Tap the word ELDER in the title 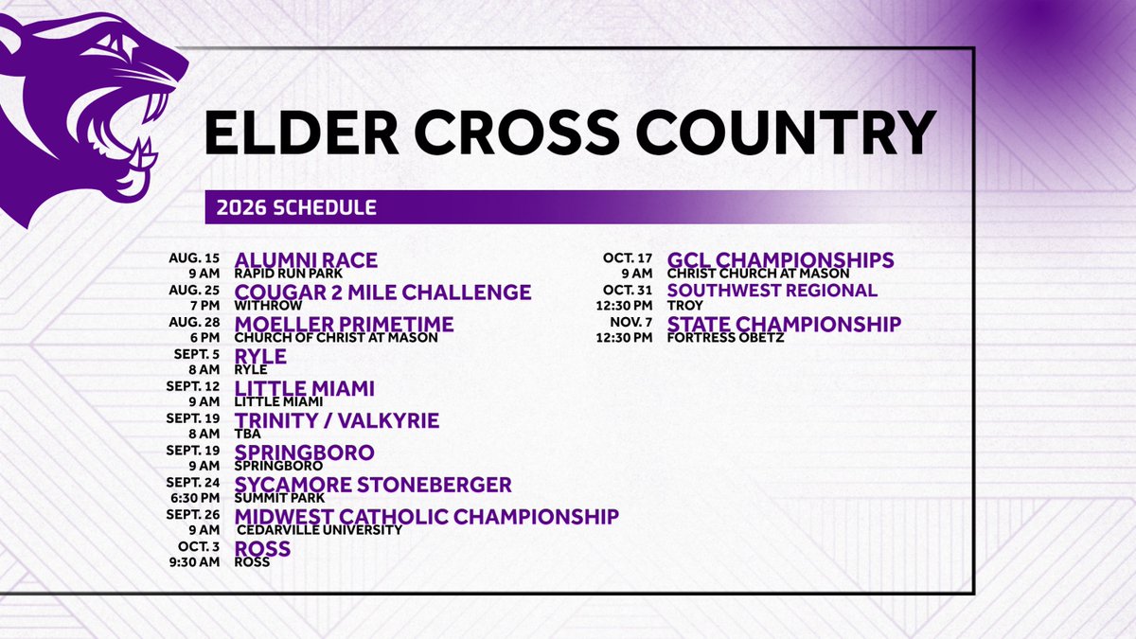point(301,133)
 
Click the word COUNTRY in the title point(785,133)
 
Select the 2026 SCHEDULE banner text point(296,207)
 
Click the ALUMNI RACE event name point(306,260)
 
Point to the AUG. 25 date point(194,290)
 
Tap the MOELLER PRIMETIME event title point(344,324)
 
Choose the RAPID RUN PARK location point(288,274)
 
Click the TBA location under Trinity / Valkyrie point(247,435)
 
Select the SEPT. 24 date point(193,482)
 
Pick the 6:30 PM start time point(195,498)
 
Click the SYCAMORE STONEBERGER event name point(373,485)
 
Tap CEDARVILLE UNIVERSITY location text point(320,530)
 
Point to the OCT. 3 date point(199,547)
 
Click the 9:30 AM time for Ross point(195,562)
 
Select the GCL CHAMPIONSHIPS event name point(780,260)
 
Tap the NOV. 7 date point(630,322)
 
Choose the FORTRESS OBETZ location point(725,338)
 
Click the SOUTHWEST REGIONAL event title point(772,291)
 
